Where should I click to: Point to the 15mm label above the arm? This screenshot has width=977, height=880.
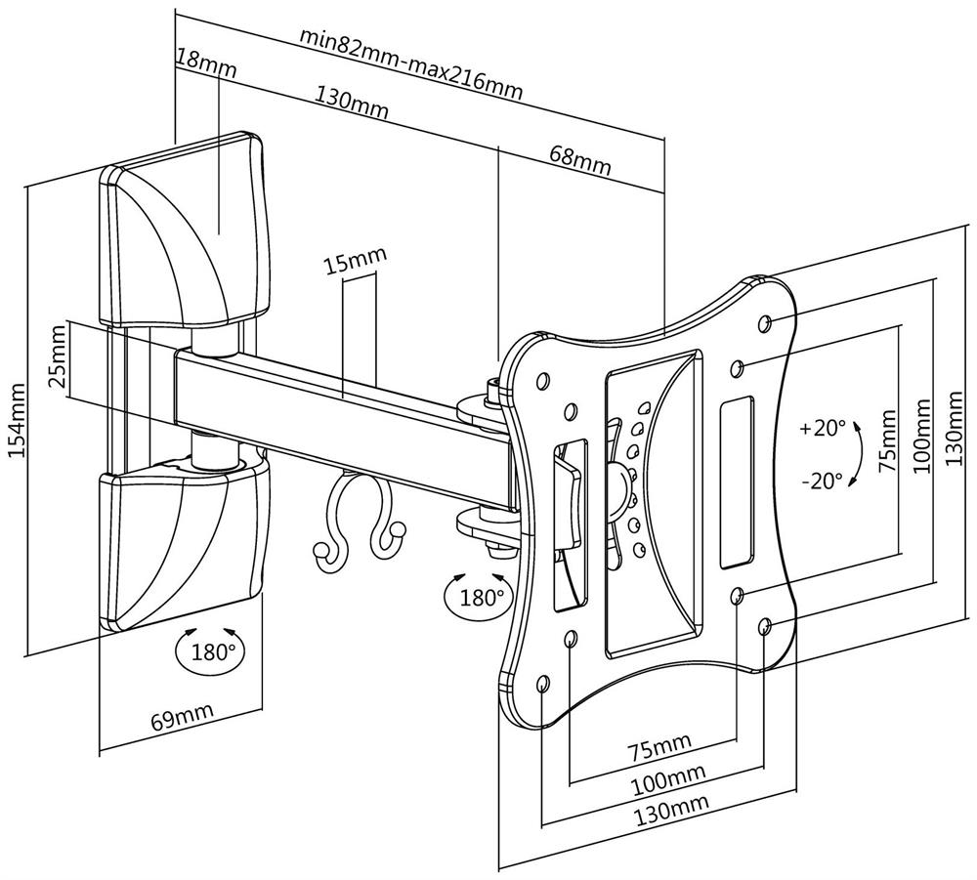point(356,263)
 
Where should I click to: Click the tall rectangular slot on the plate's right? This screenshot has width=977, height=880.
point(738,482)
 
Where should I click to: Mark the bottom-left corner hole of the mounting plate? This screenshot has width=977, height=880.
point(542,682)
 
